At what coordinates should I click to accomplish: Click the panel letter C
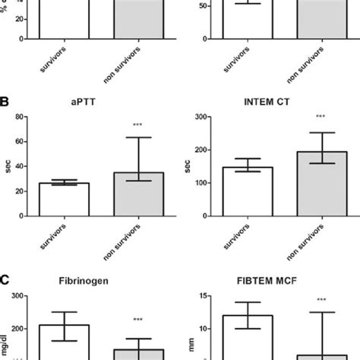[x=5, y=279]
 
